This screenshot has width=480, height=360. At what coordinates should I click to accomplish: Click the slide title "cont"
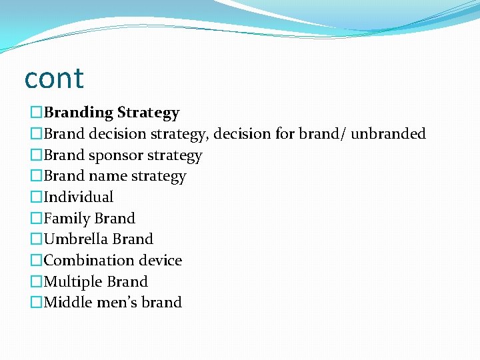point(54,79)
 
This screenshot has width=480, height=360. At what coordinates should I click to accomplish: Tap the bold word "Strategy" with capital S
point(148,113)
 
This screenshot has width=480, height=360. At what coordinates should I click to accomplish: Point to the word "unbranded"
point(388,134)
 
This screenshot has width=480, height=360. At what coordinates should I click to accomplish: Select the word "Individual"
point(79,197)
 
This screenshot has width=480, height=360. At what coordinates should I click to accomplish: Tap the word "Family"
point(67,219)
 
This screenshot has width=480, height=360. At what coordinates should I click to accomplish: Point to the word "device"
point(161,261)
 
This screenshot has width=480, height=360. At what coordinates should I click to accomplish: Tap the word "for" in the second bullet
point(283,134)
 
